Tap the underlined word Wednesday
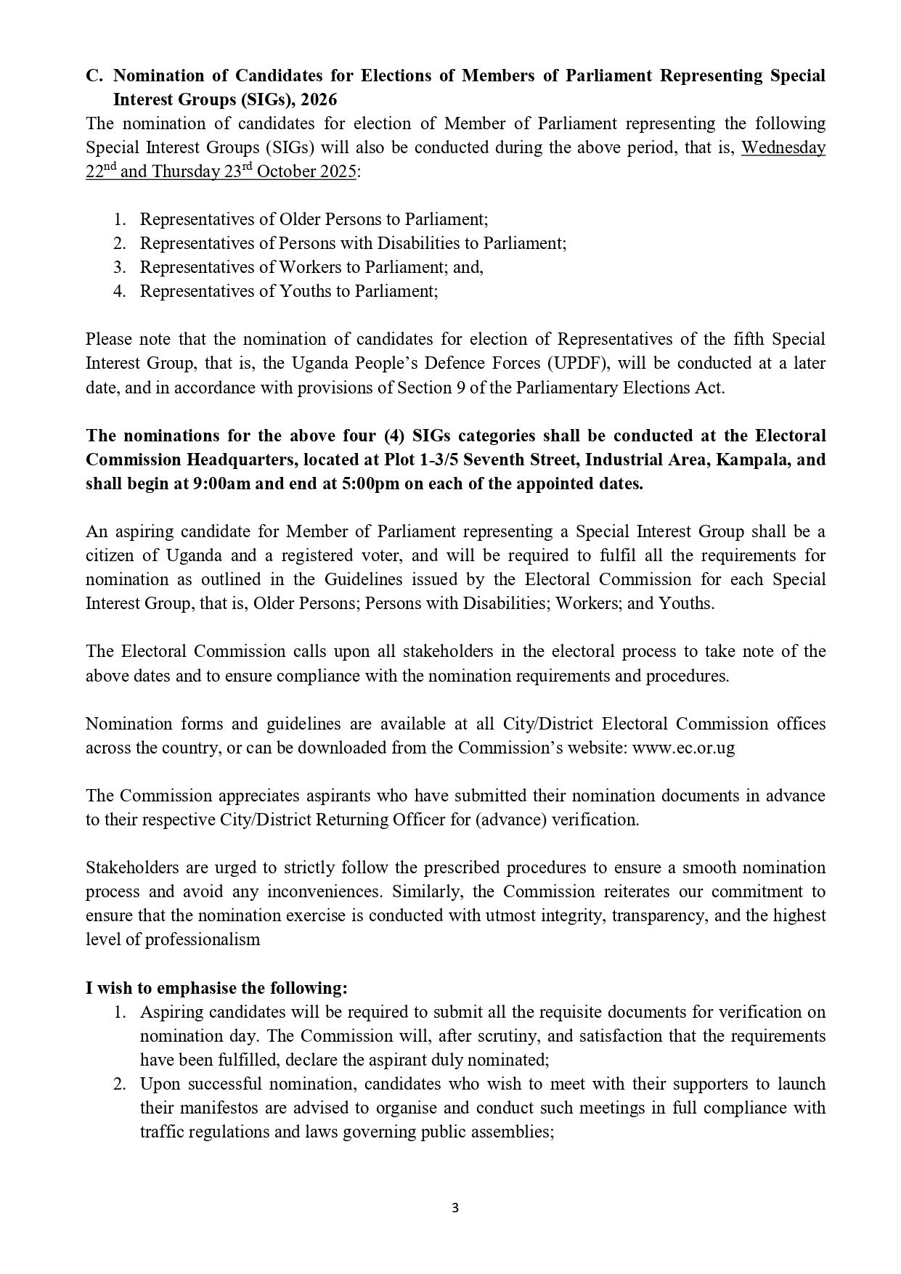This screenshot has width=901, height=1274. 783,147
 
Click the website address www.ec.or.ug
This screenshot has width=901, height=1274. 683,748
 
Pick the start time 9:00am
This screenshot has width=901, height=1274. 215,483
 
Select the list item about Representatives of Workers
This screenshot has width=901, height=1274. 311,267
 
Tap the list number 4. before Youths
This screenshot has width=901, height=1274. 120,291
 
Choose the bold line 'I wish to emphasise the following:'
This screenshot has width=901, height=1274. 216,988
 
